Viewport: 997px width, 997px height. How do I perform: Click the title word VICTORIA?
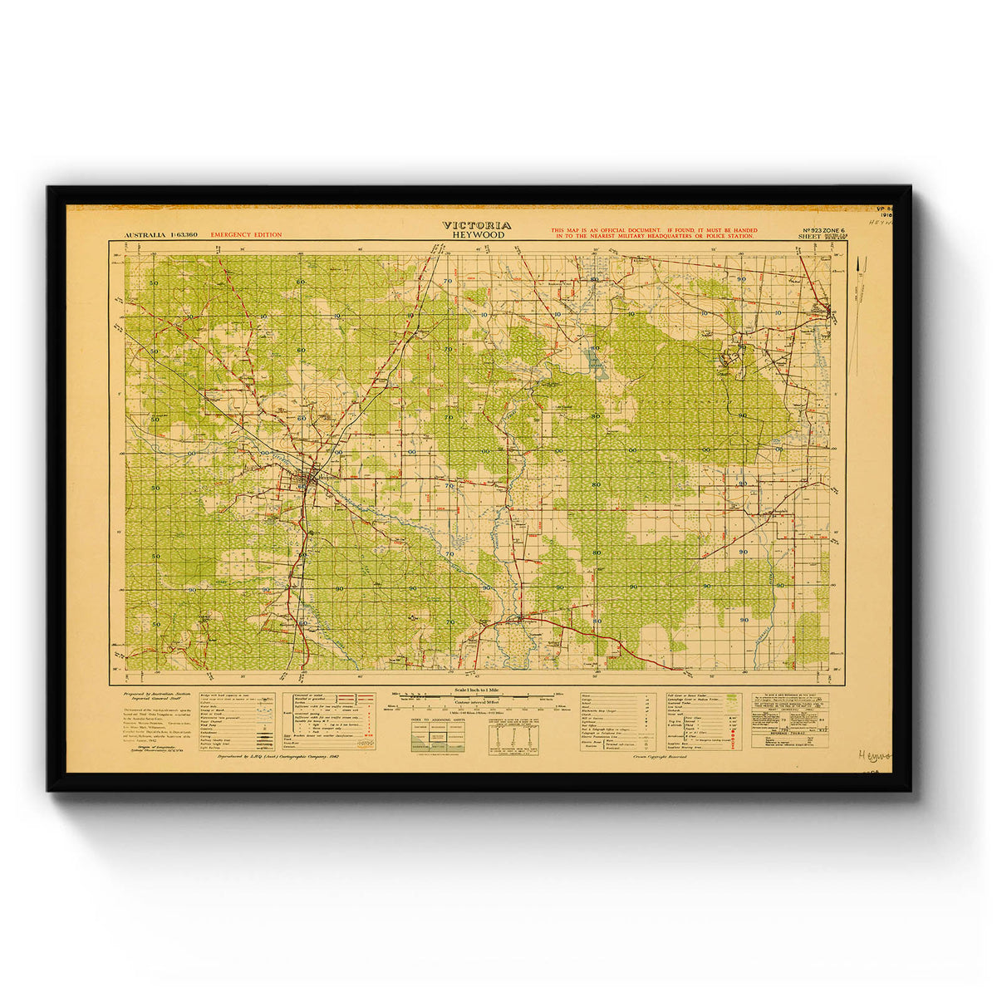[476, 225]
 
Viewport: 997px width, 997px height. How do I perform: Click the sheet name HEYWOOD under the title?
[476, 235]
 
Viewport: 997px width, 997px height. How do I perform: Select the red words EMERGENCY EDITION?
[246, 235]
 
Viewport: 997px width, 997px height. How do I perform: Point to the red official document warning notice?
[652, 233]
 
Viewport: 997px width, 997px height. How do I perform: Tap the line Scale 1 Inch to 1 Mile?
[477, 691]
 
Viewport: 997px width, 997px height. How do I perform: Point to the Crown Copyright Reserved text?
[661, 758]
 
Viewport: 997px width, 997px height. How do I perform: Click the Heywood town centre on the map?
[309, 479]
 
